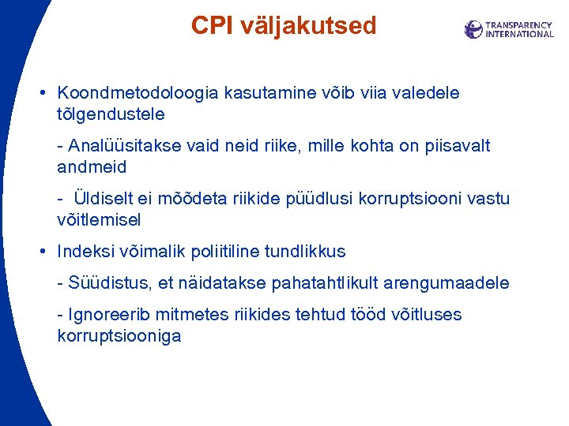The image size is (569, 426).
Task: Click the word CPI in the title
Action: (x=210, y=26)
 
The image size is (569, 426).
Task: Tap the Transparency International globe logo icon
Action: (x=473, y=30)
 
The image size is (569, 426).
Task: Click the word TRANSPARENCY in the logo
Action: (x=519, y=25)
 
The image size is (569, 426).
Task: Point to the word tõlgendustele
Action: (x=111, y=114)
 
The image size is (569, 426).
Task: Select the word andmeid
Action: (x=92, y=166)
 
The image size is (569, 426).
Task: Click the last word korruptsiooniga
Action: (x=119, y=336)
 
